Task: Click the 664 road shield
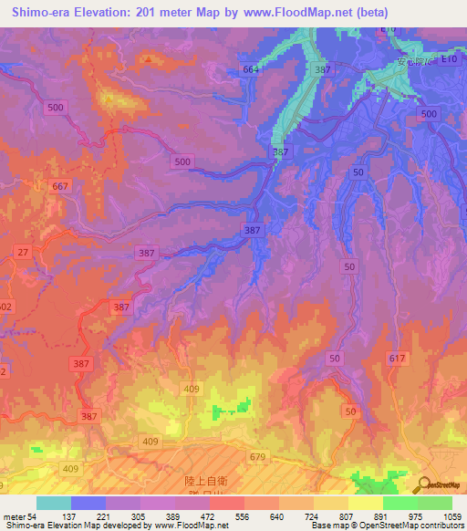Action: click(252, 69)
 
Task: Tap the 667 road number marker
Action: click(60, 187)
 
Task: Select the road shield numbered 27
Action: click(23, 252)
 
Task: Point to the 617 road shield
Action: click(396, 359)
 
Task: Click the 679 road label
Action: click(257, 457)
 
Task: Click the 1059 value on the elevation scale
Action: click(452, 516)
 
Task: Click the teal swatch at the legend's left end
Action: click(54, 503)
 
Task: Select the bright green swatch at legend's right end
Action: click(435, 503)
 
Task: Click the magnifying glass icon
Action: click(422, 484)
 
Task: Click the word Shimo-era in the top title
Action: click(35, 13)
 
